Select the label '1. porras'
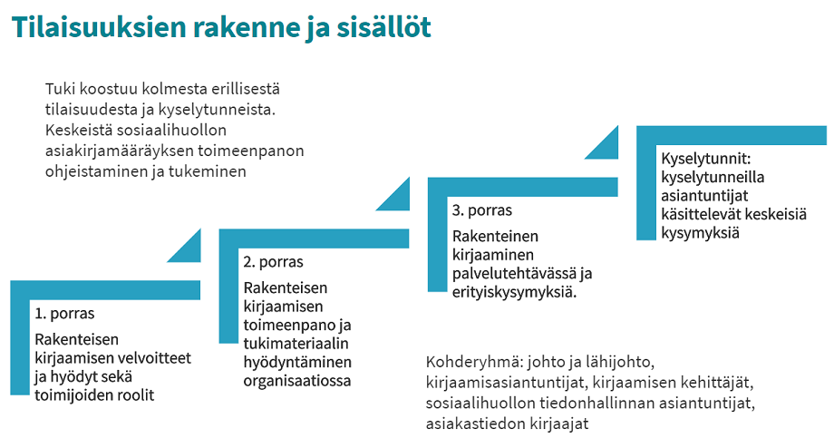[64, 315]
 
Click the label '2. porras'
[273, 262]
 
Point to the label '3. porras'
[481, 210]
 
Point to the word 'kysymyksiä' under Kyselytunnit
[701, 233]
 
